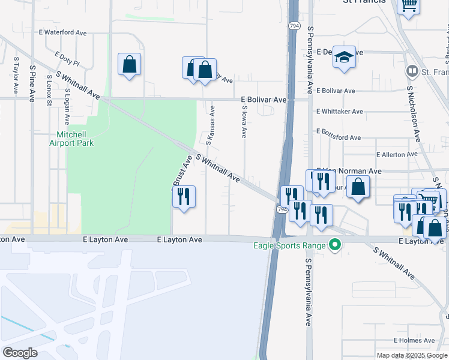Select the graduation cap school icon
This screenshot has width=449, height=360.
tap(344, 58)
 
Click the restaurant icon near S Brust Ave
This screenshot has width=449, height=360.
tap(184, 196)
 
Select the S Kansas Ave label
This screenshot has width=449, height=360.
tap(211, 125)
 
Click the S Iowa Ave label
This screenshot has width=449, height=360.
tap(244, 121)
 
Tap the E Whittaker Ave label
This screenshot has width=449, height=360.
tap(339, 112)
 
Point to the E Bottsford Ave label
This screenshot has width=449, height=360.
tap(338, 134)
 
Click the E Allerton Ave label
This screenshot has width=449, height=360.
tap(397, 154)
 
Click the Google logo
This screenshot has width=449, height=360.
tap(20, 352)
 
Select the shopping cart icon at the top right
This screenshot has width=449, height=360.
tap(408, 6)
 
